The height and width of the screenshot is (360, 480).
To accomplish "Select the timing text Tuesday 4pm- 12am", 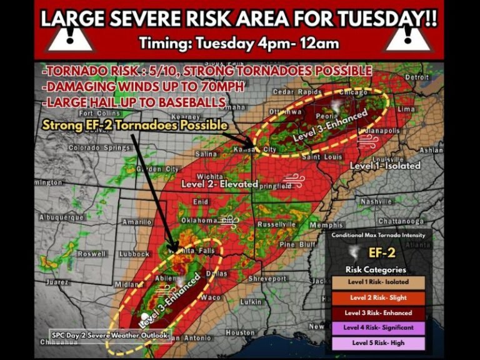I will [x=239, y=44].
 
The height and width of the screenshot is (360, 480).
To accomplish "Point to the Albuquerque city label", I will [x=61, y=217].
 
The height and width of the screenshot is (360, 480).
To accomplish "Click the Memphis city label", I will [x=326, y=225].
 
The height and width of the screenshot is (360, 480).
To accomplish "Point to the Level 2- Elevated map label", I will [x=219, y=184].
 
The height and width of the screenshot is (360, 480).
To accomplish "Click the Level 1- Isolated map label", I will [x=384, y=166].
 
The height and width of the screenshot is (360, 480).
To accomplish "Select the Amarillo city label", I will [x=136, y=222].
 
